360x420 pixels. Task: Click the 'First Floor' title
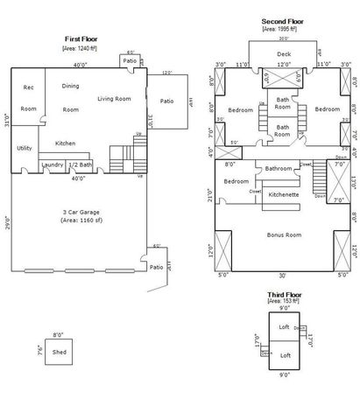pyautogui.click(x=81, y=38)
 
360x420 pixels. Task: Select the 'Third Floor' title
pyautogui.click(x=284, y=297)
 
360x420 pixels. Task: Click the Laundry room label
pyautogui.click(x=52, y=164)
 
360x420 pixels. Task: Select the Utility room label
pyautogui.click(x=25, y=148)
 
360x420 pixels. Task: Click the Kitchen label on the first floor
pyautogui.click(x=66, y=143)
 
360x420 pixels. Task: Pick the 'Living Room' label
pyautogui.click(x=114, y=98)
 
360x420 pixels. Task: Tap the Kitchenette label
pyautogui.click(x=284, y=194)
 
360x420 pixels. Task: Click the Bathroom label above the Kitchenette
pyautogui.click(x=279, y=168)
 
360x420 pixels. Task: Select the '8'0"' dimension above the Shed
pyautogui.click(x=59, y=334)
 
